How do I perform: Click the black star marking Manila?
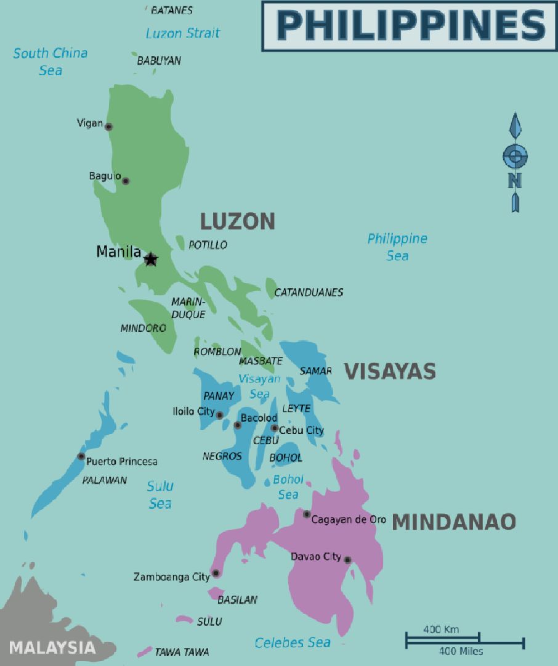[151, 259]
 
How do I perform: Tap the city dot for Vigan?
[108, 127]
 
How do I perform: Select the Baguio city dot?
[126, 181]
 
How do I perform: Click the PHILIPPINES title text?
[411, 25]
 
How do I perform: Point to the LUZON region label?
[237, 221]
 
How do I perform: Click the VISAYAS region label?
[390, 371]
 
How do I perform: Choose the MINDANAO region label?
[454, 522]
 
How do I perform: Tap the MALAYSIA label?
[52, 647]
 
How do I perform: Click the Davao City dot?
[347, 560]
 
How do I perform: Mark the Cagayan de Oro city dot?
[307, 514]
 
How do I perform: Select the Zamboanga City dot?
[216, 573]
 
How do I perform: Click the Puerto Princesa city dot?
[81, 456]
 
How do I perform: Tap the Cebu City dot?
[275, 428]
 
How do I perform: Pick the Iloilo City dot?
[219, 415]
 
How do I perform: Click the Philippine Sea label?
[397, 247]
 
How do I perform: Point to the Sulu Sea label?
[160, 495]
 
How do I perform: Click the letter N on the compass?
[515, 180]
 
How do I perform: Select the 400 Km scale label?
[441, 630]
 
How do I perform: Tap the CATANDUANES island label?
[309, 292]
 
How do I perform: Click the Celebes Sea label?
[293, 643]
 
